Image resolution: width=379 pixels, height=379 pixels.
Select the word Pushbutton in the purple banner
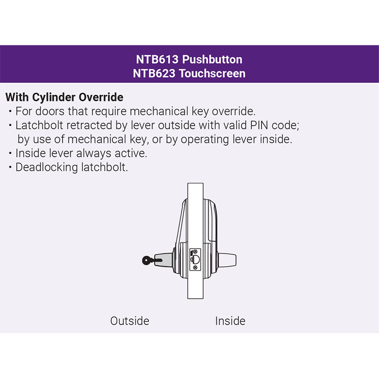coord(212,60)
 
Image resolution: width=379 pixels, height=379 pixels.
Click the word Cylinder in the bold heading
coord(54,98)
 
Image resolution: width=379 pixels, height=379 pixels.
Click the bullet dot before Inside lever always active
coord(10,154)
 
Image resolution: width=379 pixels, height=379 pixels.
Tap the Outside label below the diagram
coord(130,321)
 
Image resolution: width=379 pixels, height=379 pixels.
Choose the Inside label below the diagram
coord(230,321)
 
